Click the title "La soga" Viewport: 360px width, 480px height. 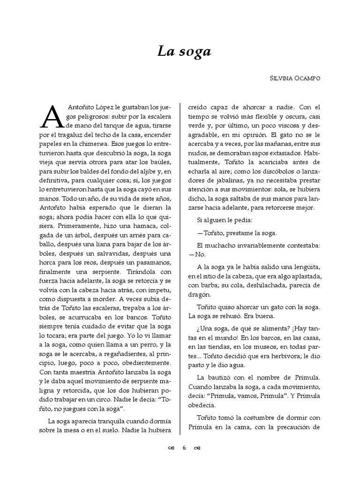(x=184, y=52)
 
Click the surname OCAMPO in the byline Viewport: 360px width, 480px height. (x=304, y=79)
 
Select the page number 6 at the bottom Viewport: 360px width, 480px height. (x=185, y=448)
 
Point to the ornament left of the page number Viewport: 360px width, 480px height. (x=171, y=448)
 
